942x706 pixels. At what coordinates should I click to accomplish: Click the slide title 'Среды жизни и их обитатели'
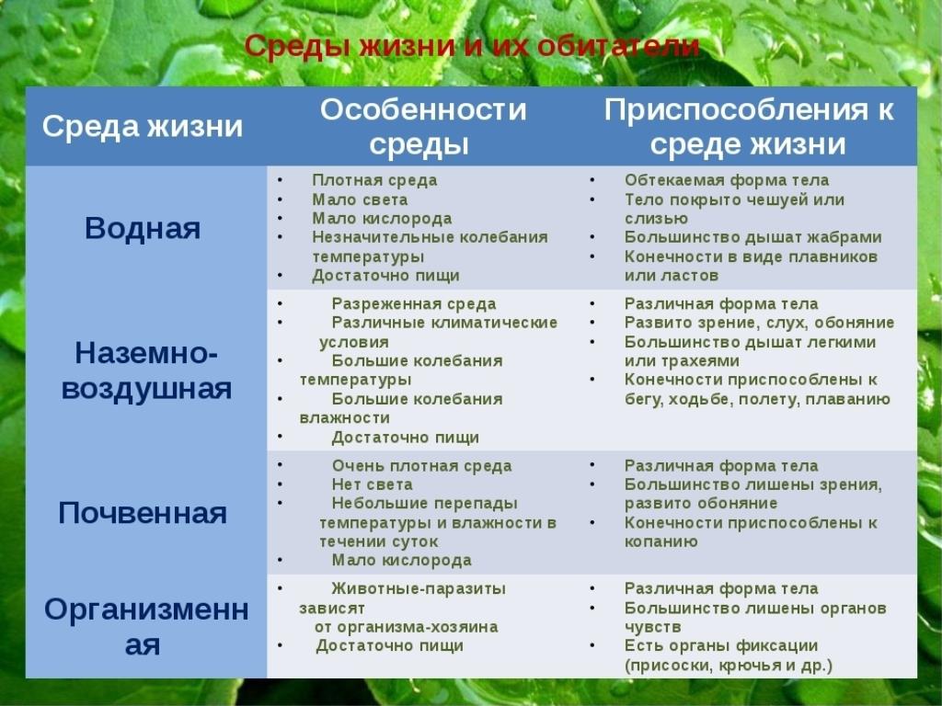[x=472, y=46]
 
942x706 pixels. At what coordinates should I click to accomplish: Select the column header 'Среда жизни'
[x=143, y=127]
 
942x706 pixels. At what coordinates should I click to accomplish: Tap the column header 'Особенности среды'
[x=422, y=127]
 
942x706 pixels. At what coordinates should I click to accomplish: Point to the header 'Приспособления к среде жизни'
[x=749, y=127]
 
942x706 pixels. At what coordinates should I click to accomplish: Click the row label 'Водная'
[x=143, y=229]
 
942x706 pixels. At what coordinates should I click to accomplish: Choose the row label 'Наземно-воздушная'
[x=146, y=371]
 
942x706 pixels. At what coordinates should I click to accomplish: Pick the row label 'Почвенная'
[x=143, y=513]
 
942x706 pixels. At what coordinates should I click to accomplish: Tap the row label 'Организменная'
[x=146, y=627]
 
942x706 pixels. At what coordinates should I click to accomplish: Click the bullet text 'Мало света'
[x=360, y=199]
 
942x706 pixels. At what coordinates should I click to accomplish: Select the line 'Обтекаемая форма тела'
[x=727, y=180]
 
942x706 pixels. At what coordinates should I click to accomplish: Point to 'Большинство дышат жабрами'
[x=752, y=237]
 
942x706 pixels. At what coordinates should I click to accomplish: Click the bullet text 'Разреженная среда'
[x=414, y=303]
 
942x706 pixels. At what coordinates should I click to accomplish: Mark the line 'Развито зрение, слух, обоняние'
[x=759, y=323]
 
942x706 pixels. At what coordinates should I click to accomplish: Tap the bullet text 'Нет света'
[x=372, y=484]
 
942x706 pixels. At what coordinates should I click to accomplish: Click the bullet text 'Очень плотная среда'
[x=421, y=466]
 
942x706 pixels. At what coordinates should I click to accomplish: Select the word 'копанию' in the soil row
[x=661, y=541]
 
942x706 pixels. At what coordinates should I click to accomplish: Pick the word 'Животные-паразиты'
[x=419, y=588]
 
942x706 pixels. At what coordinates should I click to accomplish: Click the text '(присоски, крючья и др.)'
[x=729, y=666]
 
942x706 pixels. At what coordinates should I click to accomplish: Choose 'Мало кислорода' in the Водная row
[x=382, y=219]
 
